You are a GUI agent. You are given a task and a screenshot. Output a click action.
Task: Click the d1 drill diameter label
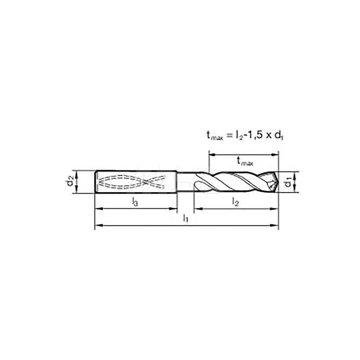(288, 182)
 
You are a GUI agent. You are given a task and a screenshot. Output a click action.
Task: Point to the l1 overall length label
(185, 218)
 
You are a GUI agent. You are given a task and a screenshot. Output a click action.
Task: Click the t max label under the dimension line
(245, 162)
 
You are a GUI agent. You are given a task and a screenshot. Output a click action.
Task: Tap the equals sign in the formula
(229, 136)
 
